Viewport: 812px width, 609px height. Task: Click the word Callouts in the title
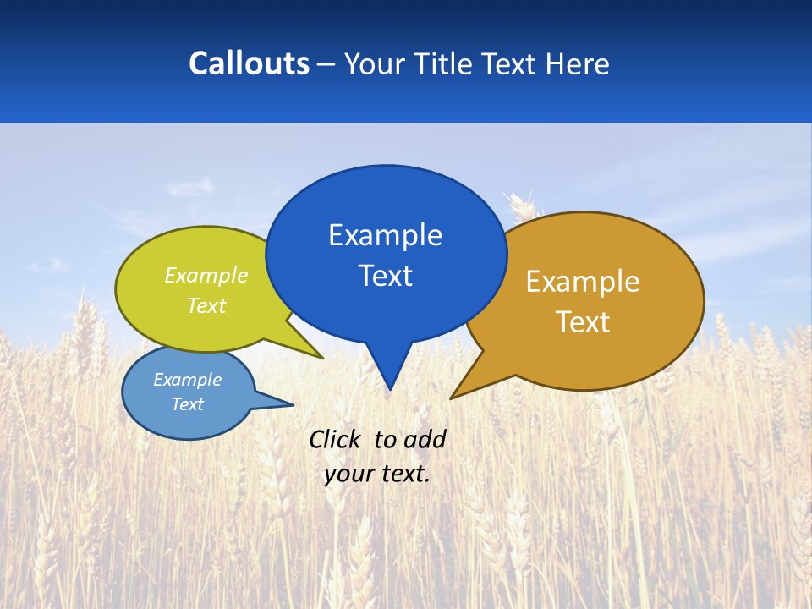pos(249,63)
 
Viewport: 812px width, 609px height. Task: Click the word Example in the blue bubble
pos(385,235)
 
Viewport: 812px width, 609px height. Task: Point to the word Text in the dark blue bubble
pos(385,276)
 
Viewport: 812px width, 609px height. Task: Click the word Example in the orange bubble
pos(583,282)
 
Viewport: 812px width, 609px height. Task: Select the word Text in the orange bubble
pos(583,322)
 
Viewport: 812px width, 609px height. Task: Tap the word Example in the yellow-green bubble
pos(206,276)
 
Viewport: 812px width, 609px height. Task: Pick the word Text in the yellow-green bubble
pos(206,305)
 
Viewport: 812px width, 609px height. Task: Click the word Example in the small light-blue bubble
pos(187,380)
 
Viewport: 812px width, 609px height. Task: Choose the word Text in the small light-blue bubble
pos(187,404)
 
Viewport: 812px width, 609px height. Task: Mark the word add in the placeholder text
pos(424,439)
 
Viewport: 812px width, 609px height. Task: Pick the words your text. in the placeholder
pos(377,474)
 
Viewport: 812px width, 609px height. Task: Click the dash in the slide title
pos(326,63)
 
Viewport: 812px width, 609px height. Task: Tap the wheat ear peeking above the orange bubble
pos(519,206)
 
